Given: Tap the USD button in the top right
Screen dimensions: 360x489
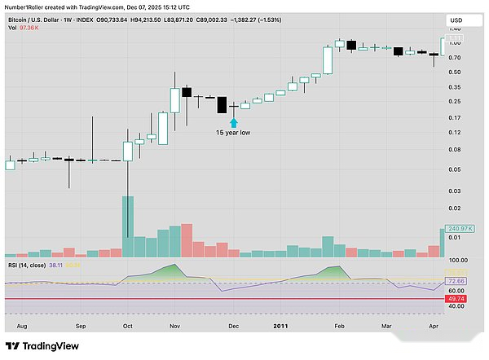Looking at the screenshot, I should (458, 20).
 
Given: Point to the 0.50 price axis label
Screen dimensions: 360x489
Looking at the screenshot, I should (455, 72).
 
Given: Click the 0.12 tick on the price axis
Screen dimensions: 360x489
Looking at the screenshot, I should (455, 133).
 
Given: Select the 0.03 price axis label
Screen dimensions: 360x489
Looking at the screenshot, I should (455, 191).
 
